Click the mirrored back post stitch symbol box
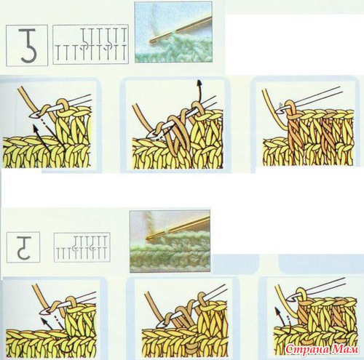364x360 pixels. pyautogui.click(x=23, y=247)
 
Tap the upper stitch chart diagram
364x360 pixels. pyautogui.click(x=90, y=44)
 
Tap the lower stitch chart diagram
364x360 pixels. pyautogui.click(x=82, y=247)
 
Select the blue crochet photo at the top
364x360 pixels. pyautogui.click(x=173, y=32)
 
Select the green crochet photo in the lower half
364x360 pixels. pyautogui.click(x=170, y=241)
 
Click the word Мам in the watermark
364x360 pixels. pyautogui.click(x=346, y=349)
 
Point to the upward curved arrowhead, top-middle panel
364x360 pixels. pyautogui.click(x=199, y=82)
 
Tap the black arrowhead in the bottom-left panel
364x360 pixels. pyautogui.click(x=44, y=321)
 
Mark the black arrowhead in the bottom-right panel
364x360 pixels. pyautogui.click(x=277, y=310)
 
